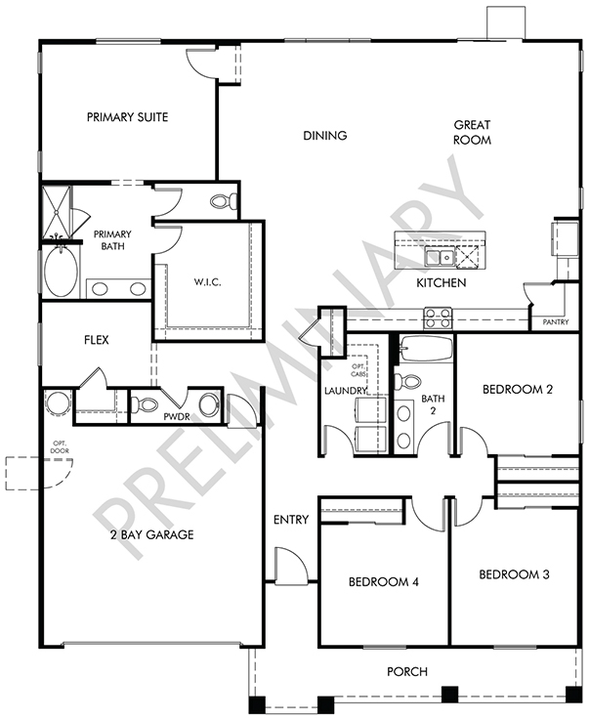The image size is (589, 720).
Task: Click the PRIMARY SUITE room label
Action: (128, 117)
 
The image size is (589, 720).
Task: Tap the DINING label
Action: (325, 136)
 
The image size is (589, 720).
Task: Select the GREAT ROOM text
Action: (472, 132)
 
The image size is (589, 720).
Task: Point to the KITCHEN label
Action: (442, 283)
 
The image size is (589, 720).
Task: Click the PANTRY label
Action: (556, 322)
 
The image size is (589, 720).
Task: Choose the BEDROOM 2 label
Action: (518, 390)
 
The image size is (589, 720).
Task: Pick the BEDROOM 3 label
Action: (514, 574)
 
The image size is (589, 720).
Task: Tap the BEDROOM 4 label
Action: (384, 582)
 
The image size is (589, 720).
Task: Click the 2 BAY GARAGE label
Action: (152, 534)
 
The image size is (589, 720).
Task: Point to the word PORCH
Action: (407, 672)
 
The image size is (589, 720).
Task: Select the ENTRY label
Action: (291, 520)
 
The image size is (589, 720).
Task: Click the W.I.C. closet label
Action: (207, 282)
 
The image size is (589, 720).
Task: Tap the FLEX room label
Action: (97, 340)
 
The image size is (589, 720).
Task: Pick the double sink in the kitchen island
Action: (440, 257)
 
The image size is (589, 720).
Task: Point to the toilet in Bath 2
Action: (407, 382)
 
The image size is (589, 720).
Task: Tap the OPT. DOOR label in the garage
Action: (61, 446)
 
